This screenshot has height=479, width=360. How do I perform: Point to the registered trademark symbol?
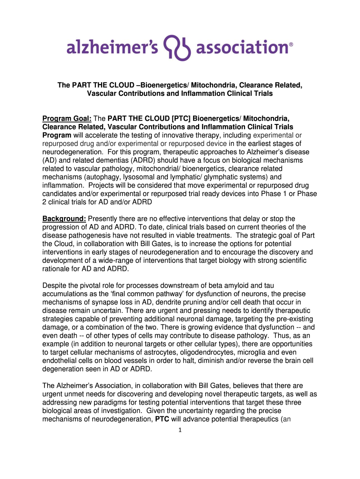click(x=291, y=45)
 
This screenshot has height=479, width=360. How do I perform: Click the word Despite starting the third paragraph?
click(x=55, y=285)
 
